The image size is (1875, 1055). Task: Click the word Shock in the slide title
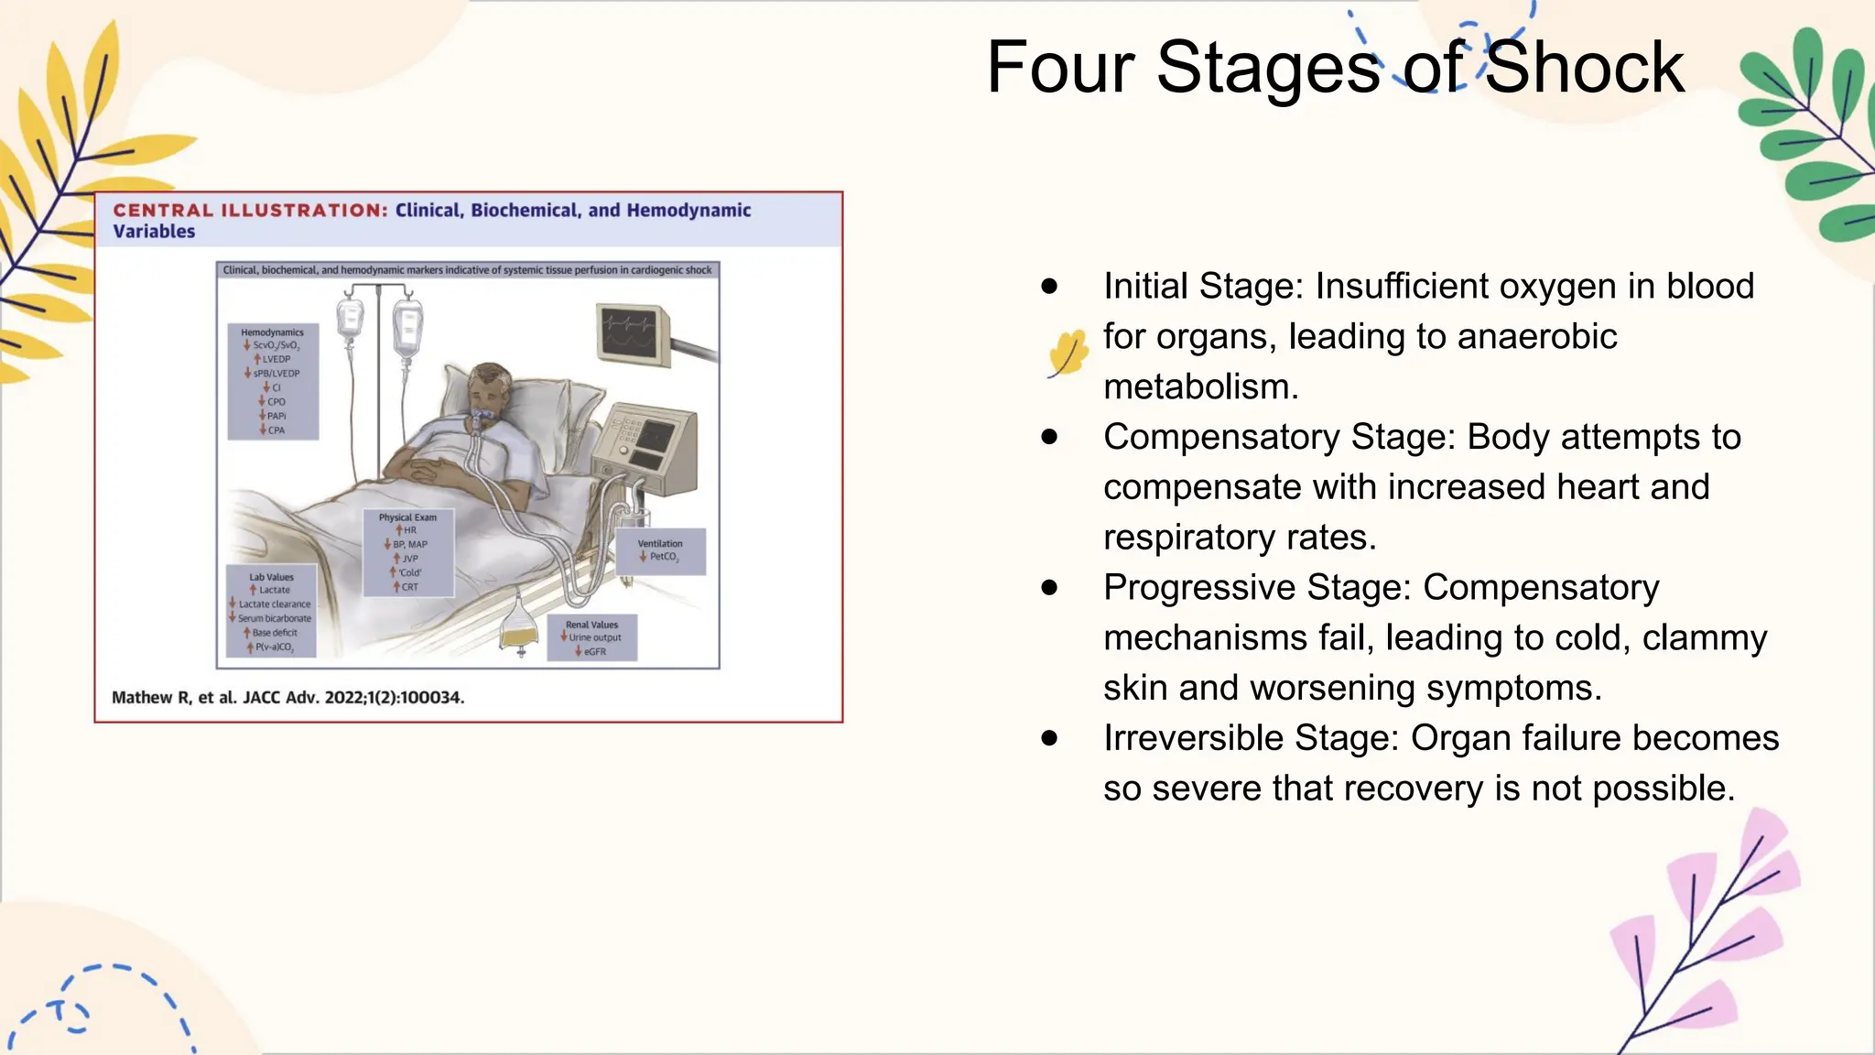(x=1584, y=68)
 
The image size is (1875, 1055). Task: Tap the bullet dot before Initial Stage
(x=1049, y=287)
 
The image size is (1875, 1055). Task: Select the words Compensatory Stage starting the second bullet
(x=1278, y=437)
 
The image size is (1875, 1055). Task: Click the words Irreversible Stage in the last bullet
(x=1251, y=738)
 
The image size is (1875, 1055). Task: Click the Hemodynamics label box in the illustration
(x=273, y=380)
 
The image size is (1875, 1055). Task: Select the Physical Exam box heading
(x=407, y=517)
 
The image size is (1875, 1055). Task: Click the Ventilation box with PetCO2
(x=660, y=550)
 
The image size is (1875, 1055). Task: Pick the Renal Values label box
(x=591, y=637)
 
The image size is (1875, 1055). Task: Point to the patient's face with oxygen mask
(x=484, y=394)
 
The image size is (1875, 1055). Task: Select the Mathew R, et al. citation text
(x=287, y=698)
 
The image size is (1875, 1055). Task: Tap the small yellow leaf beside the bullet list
(x=1067, y=353)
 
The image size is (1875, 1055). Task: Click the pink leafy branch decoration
(x=1712, y=934)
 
